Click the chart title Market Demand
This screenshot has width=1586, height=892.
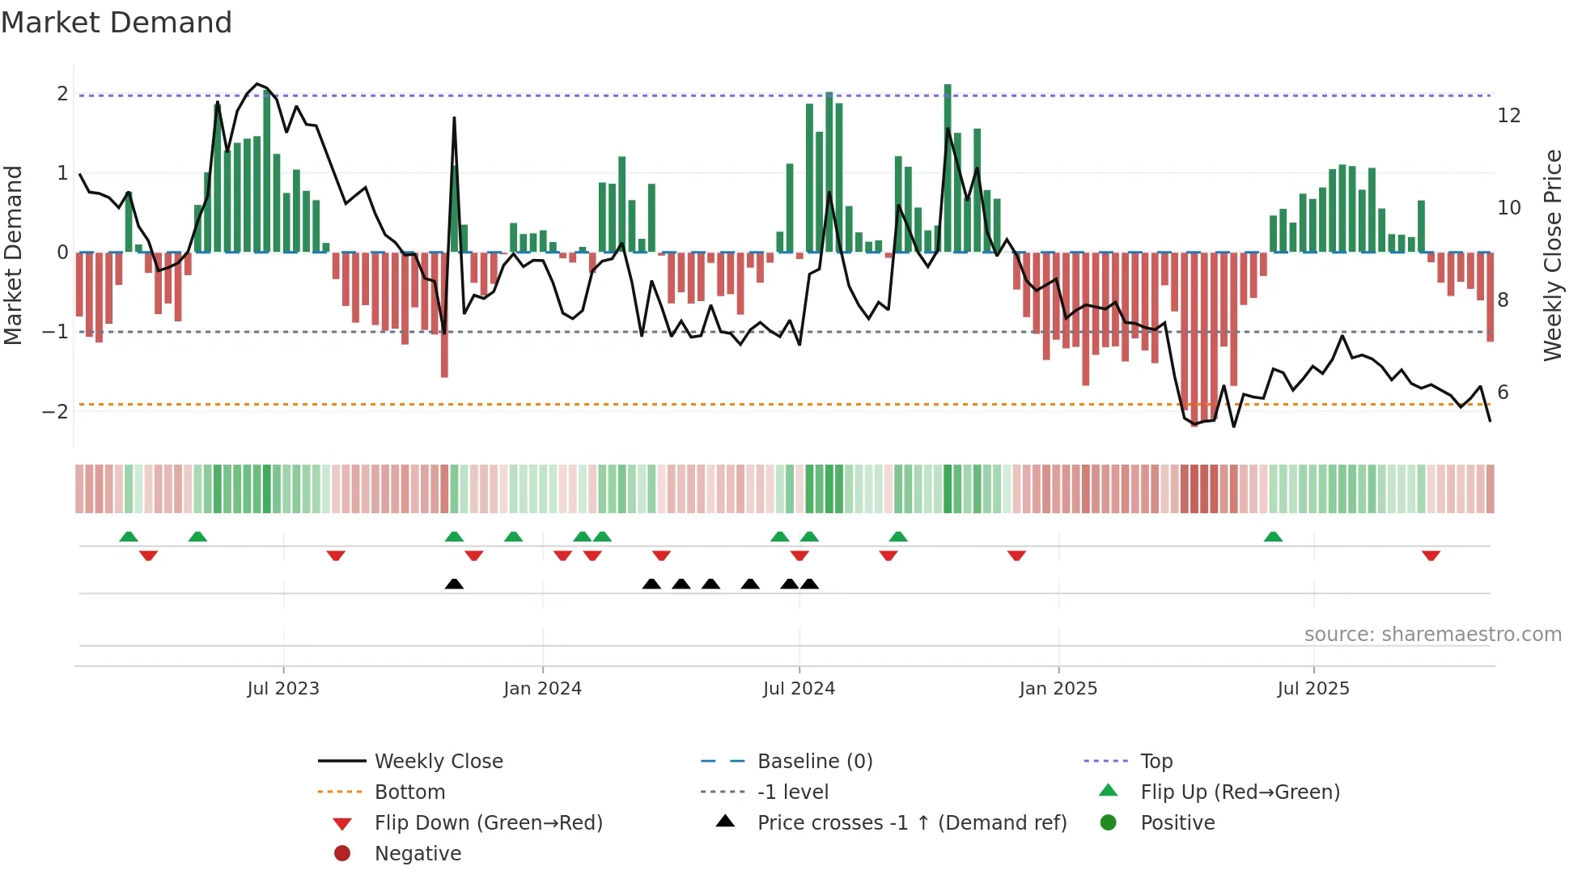[x=117, y=23]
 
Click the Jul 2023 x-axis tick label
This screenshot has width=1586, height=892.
[x=283, y=689]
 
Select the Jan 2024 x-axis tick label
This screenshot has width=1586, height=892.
[x=542, y=689]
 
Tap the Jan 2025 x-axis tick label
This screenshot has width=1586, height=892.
[x=1058, y=689]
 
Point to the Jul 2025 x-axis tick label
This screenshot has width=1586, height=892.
[x=1313, y=689]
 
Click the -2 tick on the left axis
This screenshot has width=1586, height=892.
[x=55, y=412]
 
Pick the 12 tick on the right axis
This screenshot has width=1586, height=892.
[x=1508, y=116]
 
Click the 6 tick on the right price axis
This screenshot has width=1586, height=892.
[x=1503, y=393]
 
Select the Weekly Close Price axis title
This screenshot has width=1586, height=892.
[x=1552, y=255]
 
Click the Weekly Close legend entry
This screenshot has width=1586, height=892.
[x=438, y=762]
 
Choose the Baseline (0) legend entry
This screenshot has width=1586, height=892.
[x=814, y=762]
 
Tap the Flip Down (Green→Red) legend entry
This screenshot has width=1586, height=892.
[x=488, y=823]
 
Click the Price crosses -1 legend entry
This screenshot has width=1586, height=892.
[x=911, y=823]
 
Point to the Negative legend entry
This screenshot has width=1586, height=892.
[x=418, y=854]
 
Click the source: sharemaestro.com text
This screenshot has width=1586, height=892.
[x=1432, y=635]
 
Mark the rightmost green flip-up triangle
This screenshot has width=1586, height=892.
[x=1273, y=537]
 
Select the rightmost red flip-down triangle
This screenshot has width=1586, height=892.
[x=1431, y=555]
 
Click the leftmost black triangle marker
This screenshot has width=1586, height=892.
[x=454, y=584]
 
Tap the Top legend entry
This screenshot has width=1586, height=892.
[x=1156, y=762]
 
